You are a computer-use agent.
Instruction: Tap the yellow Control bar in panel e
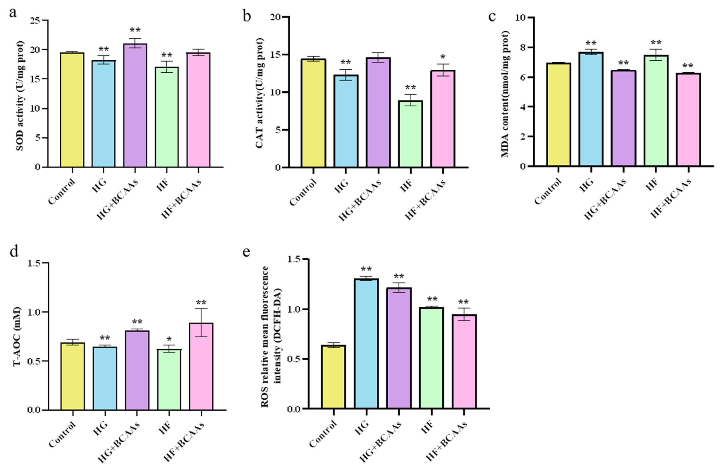(x=333, y=377)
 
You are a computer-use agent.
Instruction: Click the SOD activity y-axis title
(x=20, y=95)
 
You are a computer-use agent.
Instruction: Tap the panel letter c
(x=492, y=16)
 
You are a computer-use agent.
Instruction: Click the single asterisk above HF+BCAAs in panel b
(x=443, y=57)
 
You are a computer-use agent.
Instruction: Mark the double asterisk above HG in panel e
(x=366, y=269)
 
